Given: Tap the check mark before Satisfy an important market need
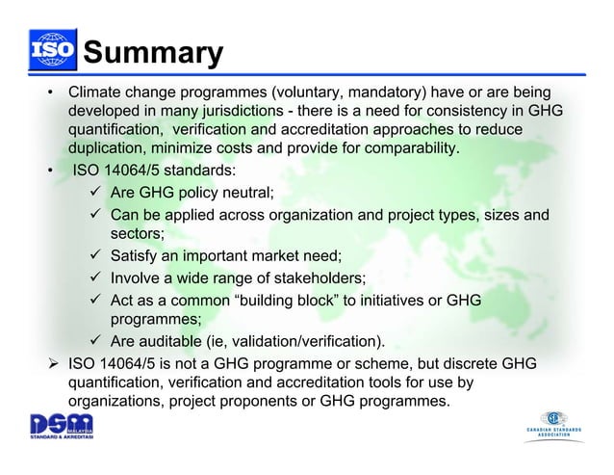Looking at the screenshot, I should tap(97, 257).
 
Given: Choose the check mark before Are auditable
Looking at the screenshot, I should tap(97, 342).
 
